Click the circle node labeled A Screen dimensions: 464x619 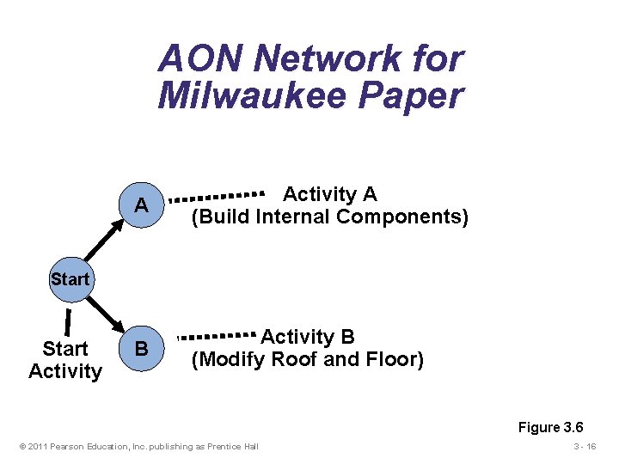click(141, 206)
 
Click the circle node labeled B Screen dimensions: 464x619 click(141, 349)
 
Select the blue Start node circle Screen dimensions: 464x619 click(70, 279)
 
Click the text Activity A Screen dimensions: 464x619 click(329, 194)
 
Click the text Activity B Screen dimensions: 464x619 click(308, 337)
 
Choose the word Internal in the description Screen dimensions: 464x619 click(292, 217)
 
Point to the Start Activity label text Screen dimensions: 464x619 click(65, 360)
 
